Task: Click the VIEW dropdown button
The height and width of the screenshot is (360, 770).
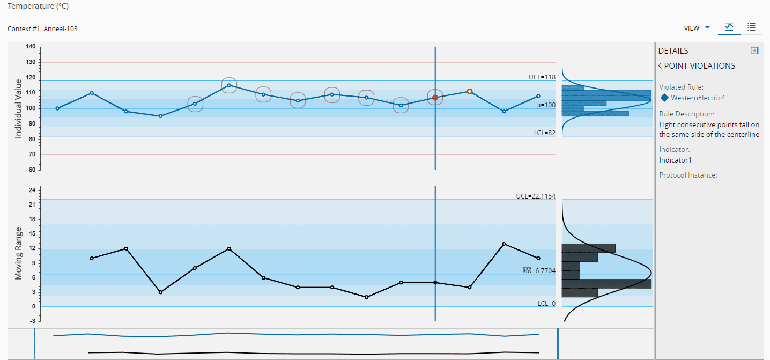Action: click(x=697, y=28)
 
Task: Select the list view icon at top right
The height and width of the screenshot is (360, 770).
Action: click(x=751, y=27)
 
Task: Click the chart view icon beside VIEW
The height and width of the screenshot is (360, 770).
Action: click(x=729, y=27)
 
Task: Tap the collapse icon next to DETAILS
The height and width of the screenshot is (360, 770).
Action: click(x=754, y=50)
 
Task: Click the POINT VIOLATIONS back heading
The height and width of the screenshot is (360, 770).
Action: click(x=697, y=66)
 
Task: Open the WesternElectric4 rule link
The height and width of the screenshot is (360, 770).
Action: click(x=698, y=98)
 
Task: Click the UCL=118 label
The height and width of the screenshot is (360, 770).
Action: click(x=542, y=77)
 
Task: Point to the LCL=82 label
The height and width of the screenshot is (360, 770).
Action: click(x=544, y=133)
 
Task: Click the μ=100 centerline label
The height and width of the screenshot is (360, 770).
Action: click(x=546, y=106)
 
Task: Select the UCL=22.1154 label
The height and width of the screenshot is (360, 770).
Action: click(x=535, y=196)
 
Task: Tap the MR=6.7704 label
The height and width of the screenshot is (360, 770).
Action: click(x=539, y=271)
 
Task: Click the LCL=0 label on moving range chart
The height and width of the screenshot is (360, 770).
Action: click(x=546, y=304)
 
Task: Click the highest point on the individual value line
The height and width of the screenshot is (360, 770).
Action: click(x=229, y=85)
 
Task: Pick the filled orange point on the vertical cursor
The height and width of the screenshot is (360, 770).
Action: click(x=435, y=98)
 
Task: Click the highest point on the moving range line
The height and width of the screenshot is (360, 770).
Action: click(x=504, y=244)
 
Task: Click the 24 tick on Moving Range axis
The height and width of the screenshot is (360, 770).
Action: click(x=32, y=190)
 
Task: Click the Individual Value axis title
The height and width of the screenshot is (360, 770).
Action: click(x=18, y=109)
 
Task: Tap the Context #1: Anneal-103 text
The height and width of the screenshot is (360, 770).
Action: click(x=42, y=29)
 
